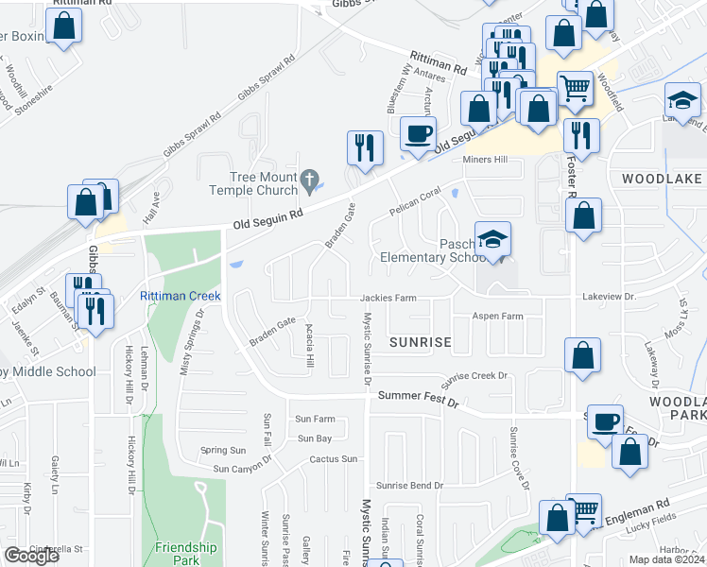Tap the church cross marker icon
coord(309,179)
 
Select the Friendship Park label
coord(186,553)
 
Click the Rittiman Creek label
coord(180,296)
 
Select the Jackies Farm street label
coord(388,298)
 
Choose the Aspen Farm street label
coord(498,317)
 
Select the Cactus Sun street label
coord(334,459)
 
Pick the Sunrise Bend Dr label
coord(409,485)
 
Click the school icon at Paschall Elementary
coord(492,240)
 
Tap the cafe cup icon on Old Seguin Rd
coord(417,133)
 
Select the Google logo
coord(31,556)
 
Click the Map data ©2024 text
coord(666,559)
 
